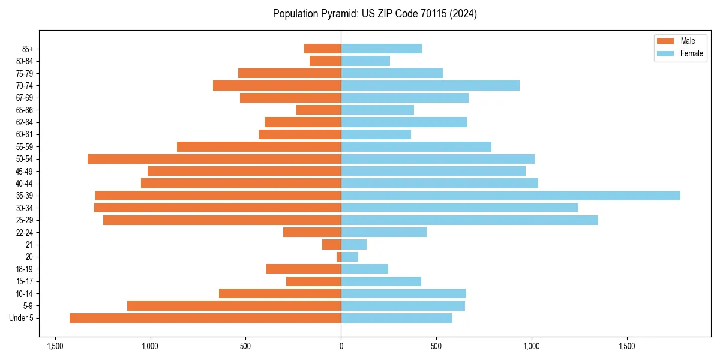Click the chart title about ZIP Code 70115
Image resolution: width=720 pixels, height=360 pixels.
pyautogui.click(x=374, y=14)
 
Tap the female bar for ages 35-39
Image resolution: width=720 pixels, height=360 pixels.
pyautogui.click(x=510, y=196)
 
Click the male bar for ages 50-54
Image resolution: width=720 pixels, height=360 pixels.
pyautogui.click(x=214, y=159)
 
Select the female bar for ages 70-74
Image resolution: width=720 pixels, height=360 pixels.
pyautogui.click(x=430, y=86)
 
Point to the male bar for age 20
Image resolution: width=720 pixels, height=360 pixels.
pyautogui.click(x=338, y=257)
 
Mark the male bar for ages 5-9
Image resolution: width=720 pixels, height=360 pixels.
pyautogui.click(x=234, y=306)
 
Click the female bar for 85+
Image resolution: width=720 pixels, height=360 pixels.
pyautogui.click(x=382, y=49)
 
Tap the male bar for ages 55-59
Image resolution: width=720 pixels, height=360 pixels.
pyautogui.click(x=259, y=147)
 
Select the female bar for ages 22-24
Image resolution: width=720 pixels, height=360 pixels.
pyautogui.click(x=383, y=232)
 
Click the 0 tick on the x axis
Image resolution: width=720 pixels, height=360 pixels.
pyautogui.click(x=341, y=346)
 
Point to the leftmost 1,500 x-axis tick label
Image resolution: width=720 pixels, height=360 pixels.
pyautogui.click(x=55, y=346)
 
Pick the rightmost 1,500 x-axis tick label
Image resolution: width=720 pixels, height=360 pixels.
pyautogui.click(x=627, y=346)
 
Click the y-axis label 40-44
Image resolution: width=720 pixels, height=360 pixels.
pyautogui.click(x=24, y=184)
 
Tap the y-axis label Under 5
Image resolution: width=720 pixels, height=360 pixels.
pyautogui.click(x=22, y=318)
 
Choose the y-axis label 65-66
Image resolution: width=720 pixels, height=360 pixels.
pyautogui.click(x=24, y=110)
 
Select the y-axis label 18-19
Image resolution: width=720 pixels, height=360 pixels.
pyautogui.click(x=24, y=269)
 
